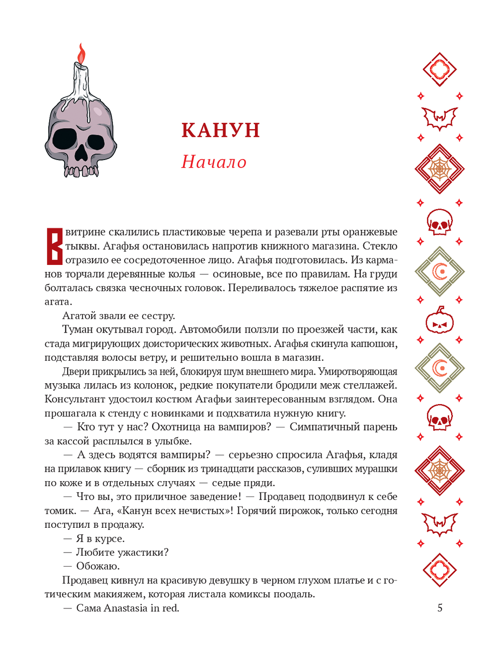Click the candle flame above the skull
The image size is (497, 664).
pos(82,54)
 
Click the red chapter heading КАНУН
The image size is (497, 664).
pos(221,130)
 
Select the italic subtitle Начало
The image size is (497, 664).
pos(214,162)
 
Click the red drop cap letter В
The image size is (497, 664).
pos(54,246)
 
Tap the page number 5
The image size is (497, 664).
pos(439,608)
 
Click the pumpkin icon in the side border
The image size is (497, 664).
pos(440,321)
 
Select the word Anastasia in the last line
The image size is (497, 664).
pos(126,608)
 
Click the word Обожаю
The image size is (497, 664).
pos(98,566)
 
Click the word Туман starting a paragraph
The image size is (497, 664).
pos(78,330)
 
